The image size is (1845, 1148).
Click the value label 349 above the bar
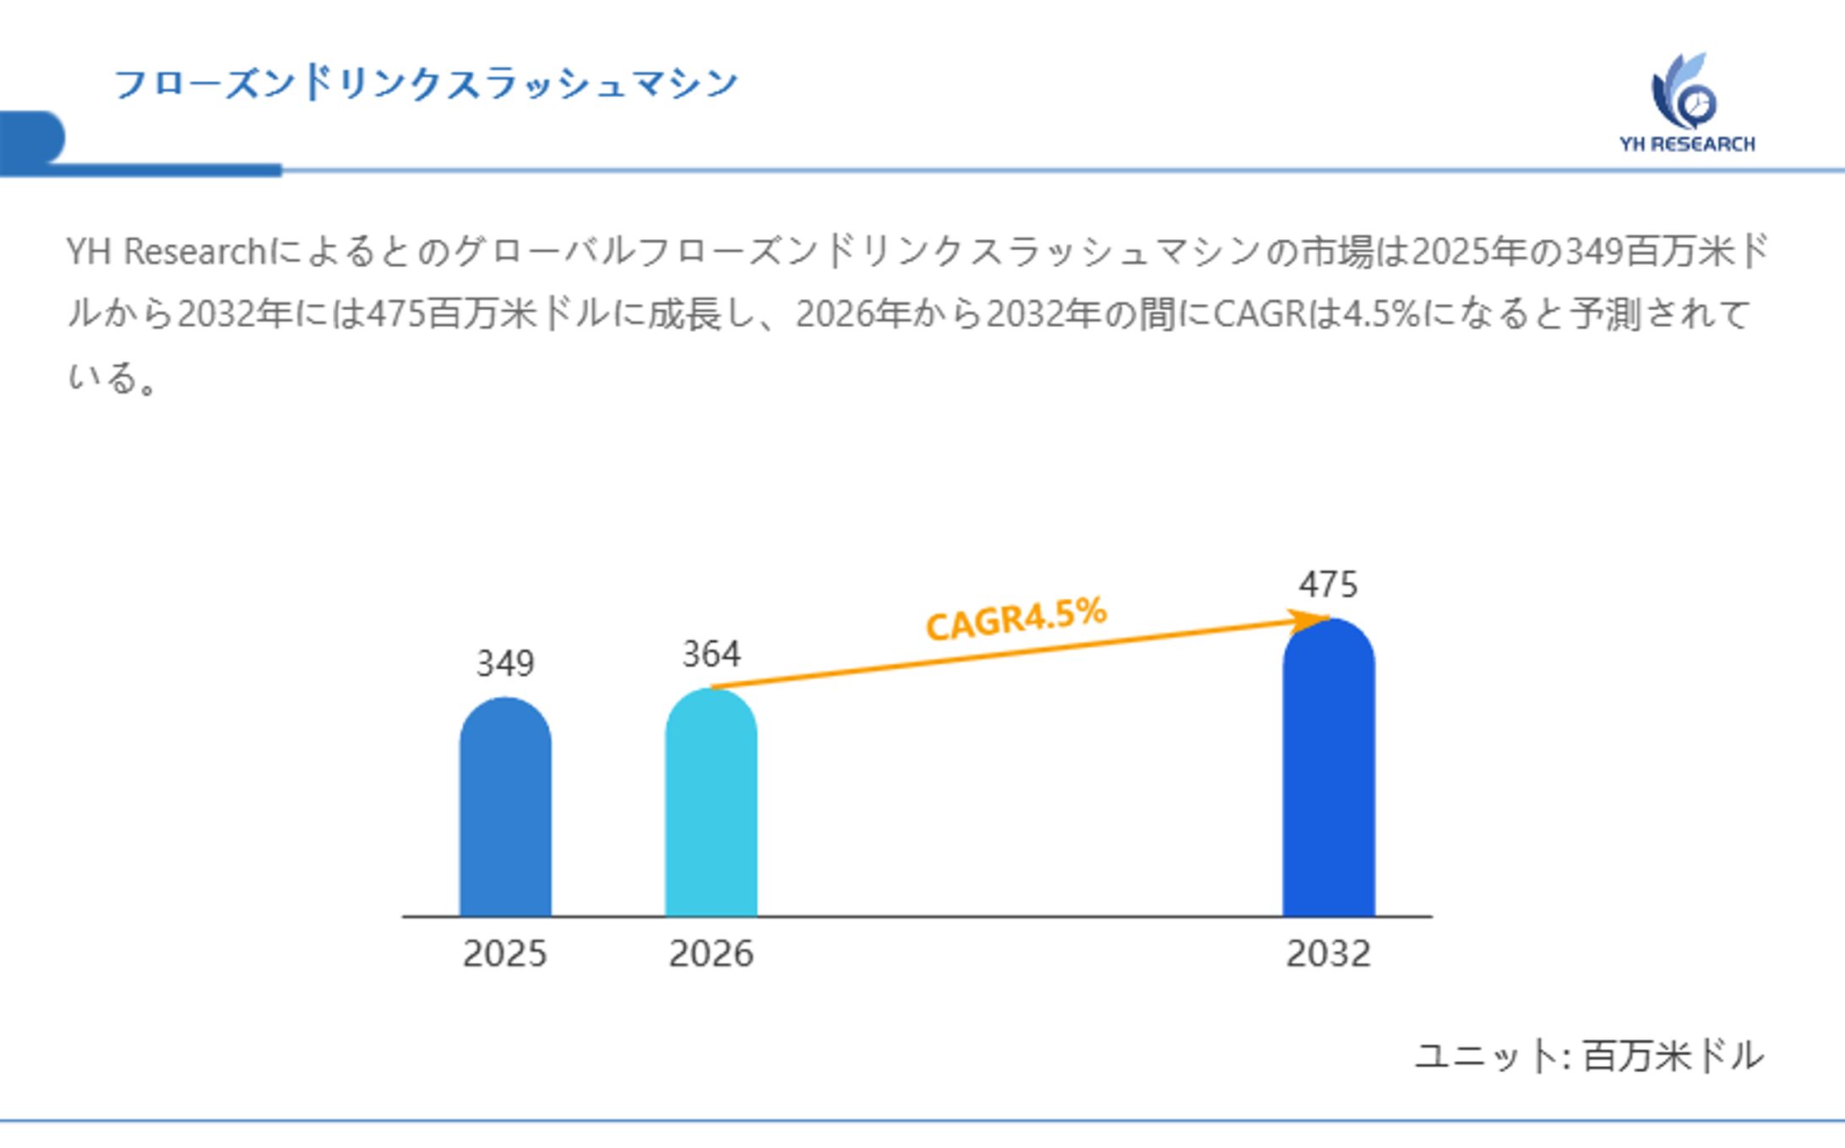pos(505,663)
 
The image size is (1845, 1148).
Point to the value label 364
pos(711,654)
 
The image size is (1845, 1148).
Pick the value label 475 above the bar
pos(1328,585)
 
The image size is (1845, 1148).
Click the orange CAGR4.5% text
pos(1015,618)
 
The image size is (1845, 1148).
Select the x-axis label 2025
pos(505,954)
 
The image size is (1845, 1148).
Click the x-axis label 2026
pos(711,954)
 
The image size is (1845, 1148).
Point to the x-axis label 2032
pos(1328,954)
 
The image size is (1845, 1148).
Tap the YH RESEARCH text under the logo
pos(1687,144)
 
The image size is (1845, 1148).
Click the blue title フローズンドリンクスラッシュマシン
pos(426,84)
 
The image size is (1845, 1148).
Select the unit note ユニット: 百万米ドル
pos(1589,1056)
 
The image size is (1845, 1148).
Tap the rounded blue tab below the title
pos(32,138)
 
